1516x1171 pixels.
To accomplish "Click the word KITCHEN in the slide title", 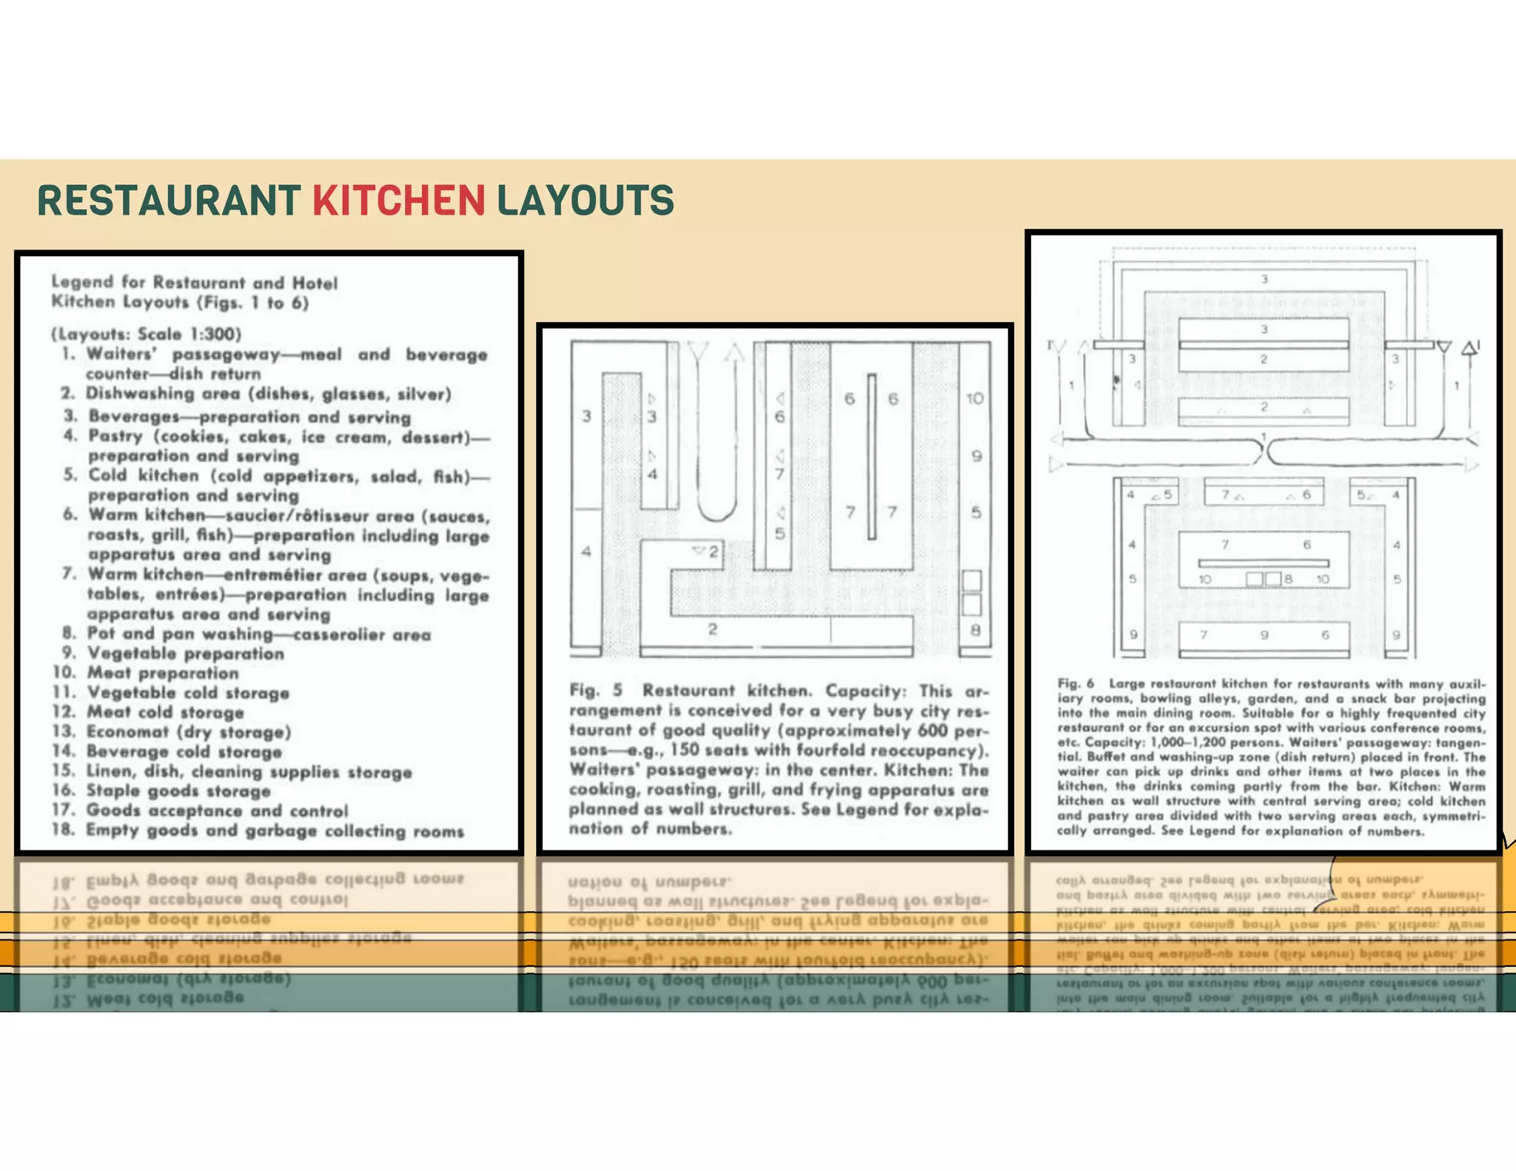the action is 398,201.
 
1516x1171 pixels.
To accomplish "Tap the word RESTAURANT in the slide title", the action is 169,201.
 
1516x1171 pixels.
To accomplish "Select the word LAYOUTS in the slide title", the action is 585,201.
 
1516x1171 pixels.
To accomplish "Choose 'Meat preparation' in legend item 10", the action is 163,673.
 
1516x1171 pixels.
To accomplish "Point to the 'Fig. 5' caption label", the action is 596,691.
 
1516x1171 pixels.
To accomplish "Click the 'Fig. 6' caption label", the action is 1076,683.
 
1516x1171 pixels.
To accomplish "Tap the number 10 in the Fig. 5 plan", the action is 975,399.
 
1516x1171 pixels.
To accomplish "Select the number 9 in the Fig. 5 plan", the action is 976,456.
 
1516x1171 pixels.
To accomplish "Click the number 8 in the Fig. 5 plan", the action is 976,631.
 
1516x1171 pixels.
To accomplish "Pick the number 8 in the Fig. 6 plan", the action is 1288,579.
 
